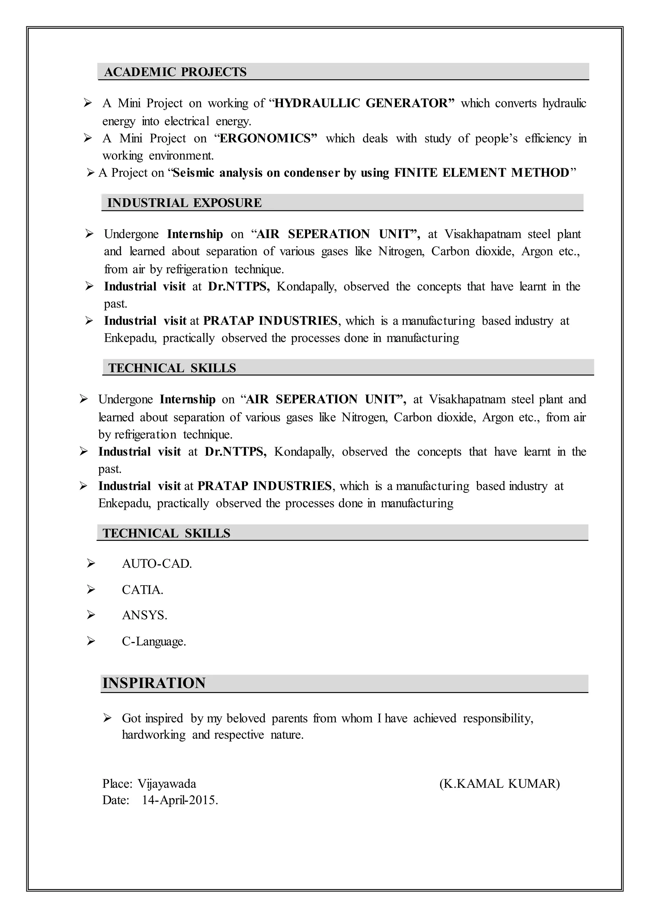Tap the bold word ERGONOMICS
[266, 138]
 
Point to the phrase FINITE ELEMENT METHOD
[482, 173]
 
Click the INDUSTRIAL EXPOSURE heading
[184, 202]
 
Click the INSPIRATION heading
[154, 683]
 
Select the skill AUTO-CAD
[157, 564]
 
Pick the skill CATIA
[142, 590]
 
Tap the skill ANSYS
[144, 615]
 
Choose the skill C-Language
[154, 641]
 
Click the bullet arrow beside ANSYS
[91, 615]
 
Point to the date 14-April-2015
[180, 800]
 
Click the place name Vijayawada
[167, 784]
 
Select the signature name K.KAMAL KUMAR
[499, 784]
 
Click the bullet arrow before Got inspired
[107, 718]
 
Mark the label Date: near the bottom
[116, 800]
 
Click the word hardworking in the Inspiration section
[153, 735]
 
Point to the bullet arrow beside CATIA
[91, 590]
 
